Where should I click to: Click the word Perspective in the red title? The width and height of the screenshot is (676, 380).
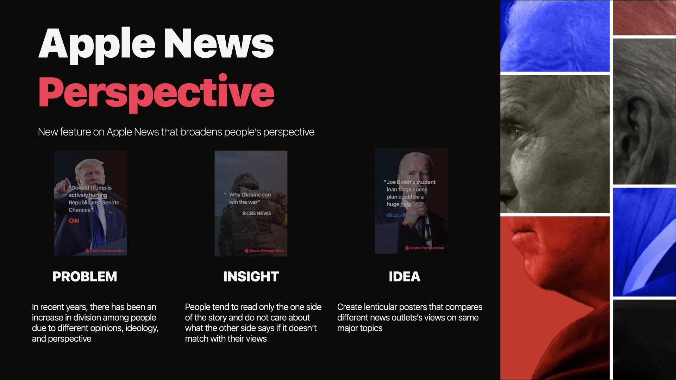(x=156, y=92)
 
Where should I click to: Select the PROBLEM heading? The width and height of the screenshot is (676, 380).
(x=84, y=277)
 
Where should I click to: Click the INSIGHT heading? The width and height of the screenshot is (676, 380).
(x=251, y=277)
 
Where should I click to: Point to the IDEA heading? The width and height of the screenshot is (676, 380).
(x=404, y=277)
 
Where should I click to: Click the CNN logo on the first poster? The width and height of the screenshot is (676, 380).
(x=74, y=221)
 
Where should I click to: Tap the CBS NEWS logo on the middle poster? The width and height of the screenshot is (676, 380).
(x=256, y=213)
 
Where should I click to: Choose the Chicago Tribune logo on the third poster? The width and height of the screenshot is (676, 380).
(x=401, y=215)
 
